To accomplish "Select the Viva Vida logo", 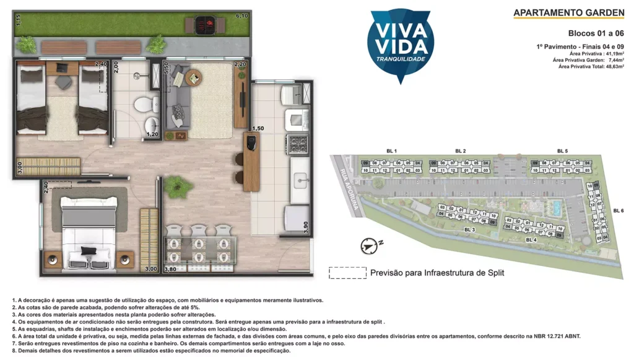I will pyautogui.click(x=400, y=43).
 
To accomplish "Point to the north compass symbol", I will pyautogui.click(x=368, y=245).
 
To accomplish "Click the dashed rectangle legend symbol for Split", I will pyautogui.click(x=347, y=273).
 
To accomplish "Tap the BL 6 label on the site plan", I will pyautogui.click(x=617, y=211).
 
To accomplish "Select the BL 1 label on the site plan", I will pyautogui.click(x=391, y=151).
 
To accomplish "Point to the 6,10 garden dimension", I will pyautogui.click(x=241, y=15).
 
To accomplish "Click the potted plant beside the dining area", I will pyautogui.click(x=177, y=185).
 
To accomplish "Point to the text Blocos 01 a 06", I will pyautogui.click(x=596, y=33).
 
